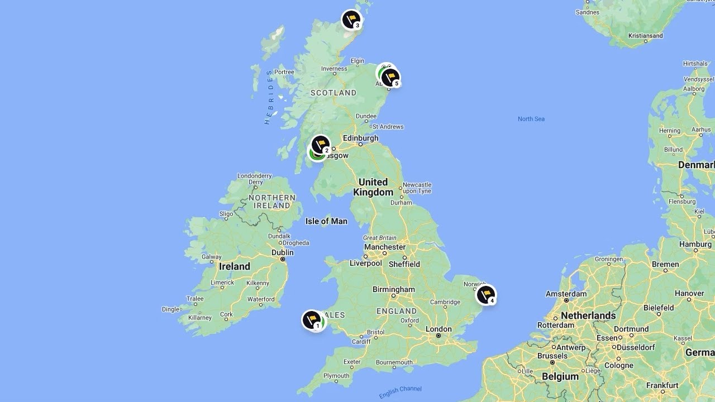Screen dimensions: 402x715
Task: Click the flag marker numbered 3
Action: tap(351, 20)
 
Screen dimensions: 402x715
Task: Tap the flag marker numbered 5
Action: tap(390, 78)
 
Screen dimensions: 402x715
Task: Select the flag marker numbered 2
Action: tap(321, 145)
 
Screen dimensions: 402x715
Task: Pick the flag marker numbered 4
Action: tap(485, 295)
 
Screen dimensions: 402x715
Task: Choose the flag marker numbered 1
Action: tap(312, 320)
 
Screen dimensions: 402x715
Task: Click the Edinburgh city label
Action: tap(360, 138)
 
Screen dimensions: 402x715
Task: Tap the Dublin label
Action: tap(282, 252)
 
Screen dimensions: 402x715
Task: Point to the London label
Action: tap(438, 329)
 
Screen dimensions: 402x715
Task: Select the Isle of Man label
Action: tap(326, 221)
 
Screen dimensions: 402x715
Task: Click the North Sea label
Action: tap(531, 119)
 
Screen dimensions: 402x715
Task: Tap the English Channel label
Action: tap(400, 392)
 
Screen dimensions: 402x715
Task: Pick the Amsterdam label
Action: tap(566, 294)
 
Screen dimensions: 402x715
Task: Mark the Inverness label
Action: tap(333, 69)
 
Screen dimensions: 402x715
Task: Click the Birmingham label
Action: tap(394, 289)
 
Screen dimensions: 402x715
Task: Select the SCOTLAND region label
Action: tap(333, 93)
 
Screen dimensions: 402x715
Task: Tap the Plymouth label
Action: tap(336, 376)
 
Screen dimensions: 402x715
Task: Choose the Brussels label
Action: tap(552, 356)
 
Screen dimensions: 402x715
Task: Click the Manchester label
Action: tap(385, 247)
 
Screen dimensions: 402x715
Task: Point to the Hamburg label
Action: tap(695, 244)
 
